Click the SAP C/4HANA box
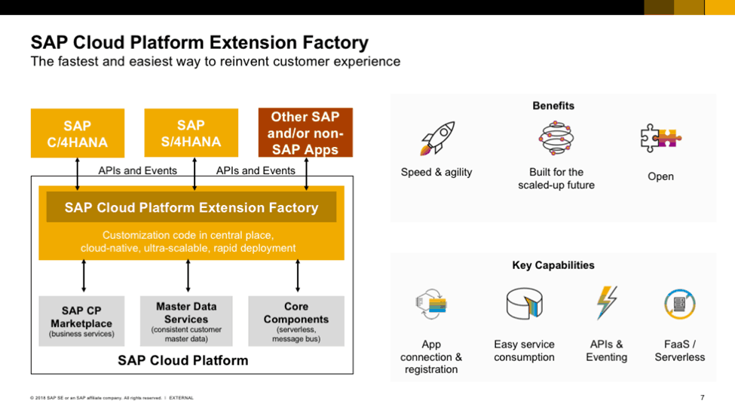click(x=77, y=133)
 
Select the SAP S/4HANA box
click(x=191, y=133)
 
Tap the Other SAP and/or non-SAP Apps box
click(x=305, y=133)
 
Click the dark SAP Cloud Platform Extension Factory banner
click(x=191, y=207)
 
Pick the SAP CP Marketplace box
click(x=81, y=321)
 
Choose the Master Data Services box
click(x=186, y=321)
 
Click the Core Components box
click(x=296, y=321)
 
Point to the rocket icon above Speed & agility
click(x=436, y=139)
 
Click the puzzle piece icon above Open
click(x=660, y=139)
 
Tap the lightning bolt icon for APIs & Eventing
click(x=606, y=304)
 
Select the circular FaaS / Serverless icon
click(x=679, y=304)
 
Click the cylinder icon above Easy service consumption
click(x=524, y=304)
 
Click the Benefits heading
click(x=553, y=106)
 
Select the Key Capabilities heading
click(x=553, y=265)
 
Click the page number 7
click(x=702, y=397)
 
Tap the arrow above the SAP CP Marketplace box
click(x=84, y=276)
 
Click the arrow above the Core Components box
click(x=298, y=276)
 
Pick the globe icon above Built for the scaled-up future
click(x=556, y=139)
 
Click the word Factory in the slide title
click(x=332, y=42)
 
